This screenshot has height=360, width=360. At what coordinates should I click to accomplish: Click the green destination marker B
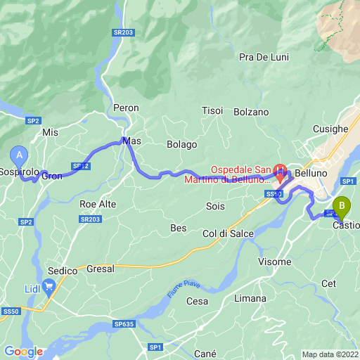click(342, 206)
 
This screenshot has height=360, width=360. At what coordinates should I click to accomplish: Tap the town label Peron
click(127, 108)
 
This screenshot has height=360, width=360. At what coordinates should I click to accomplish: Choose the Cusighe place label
click(330, 129)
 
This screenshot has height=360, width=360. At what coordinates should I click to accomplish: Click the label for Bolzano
click(252, 112)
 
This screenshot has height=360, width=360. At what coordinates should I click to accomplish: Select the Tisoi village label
click(212, 110)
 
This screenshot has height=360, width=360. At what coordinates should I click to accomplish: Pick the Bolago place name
click(181, 144)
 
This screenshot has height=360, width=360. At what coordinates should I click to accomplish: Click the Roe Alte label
click(98, 204)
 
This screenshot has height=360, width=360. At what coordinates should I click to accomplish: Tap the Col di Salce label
click(228, 233)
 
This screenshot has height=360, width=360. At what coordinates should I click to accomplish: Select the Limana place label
click(250, 298)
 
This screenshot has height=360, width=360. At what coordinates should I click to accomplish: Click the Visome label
click(274, 262)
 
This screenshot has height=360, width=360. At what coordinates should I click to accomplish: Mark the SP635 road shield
click(122, 324)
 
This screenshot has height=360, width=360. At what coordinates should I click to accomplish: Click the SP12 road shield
click(82, 166)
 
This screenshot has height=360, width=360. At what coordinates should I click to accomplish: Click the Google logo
click(22, 351)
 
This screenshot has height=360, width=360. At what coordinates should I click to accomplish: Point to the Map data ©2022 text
click(330, 354)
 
